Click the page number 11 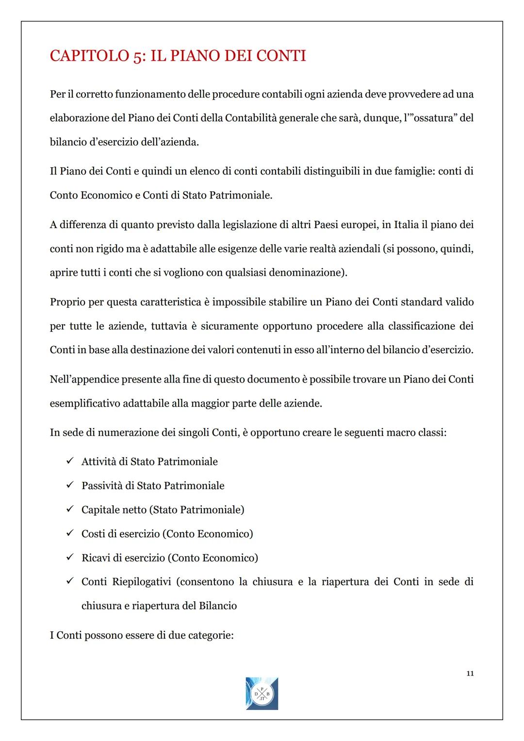470,674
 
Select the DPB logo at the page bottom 262,693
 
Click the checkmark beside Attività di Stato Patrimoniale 70,461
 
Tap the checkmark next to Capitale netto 70,509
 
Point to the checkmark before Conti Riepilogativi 70,581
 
